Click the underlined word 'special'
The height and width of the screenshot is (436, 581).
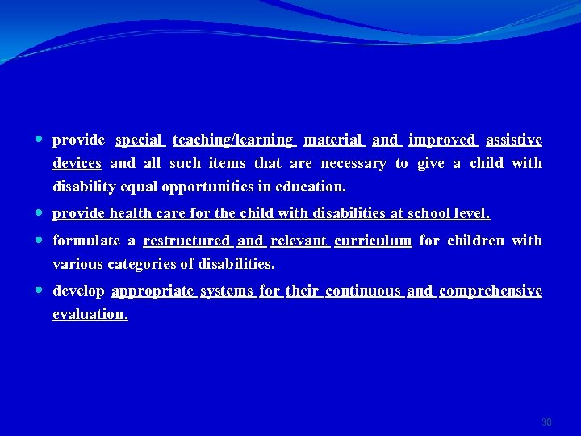pyautogui.click(x=139, y=140)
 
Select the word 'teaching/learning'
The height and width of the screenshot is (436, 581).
pyautogui.click(x=233, y=140)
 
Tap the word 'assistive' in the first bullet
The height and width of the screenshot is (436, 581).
pyautogui.click(x=513, y=140)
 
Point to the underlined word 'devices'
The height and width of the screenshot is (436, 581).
pyautogui.click(x=77, y=164)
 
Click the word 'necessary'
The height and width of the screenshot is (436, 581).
pyautogui.click(x=353, y=164)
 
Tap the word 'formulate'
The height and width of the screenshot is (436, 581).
pyautogui.click(x=86, y=241)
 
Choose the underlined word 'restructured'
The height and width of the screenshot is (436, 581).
pyautogui.click(x=186, y=241)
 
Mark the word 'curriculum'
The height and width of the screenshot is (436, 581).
pyautogui.click(x=373, y=241)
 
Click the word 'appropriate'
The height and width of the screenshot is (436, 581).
pyautogui.click(x=153, y=291)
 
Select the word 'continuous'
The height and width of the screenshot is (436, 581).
pyautogui.click(x=363, y=291)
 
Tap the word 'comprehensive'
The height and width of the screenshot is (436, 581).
pyautogui.click(x=490, y=291)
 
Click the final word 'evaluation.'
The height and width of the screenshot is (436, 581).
pyautogui.click(x=90, y=314)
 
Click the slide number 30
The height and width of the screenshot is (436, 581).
pyautogui.click(x=546, y=422)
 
